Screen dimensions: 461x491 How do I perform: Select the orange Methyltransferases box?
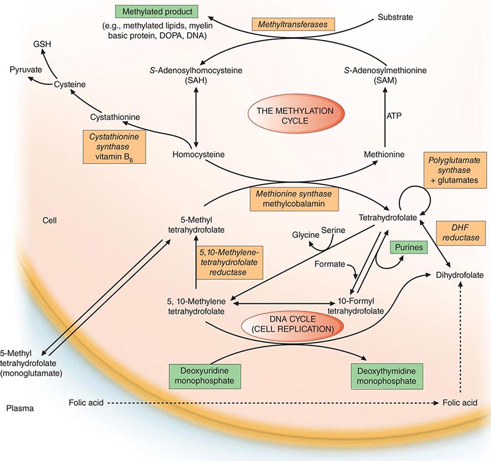coord(293,24)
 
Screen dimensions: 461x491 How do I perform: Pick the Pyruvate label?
coord(25,70)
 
